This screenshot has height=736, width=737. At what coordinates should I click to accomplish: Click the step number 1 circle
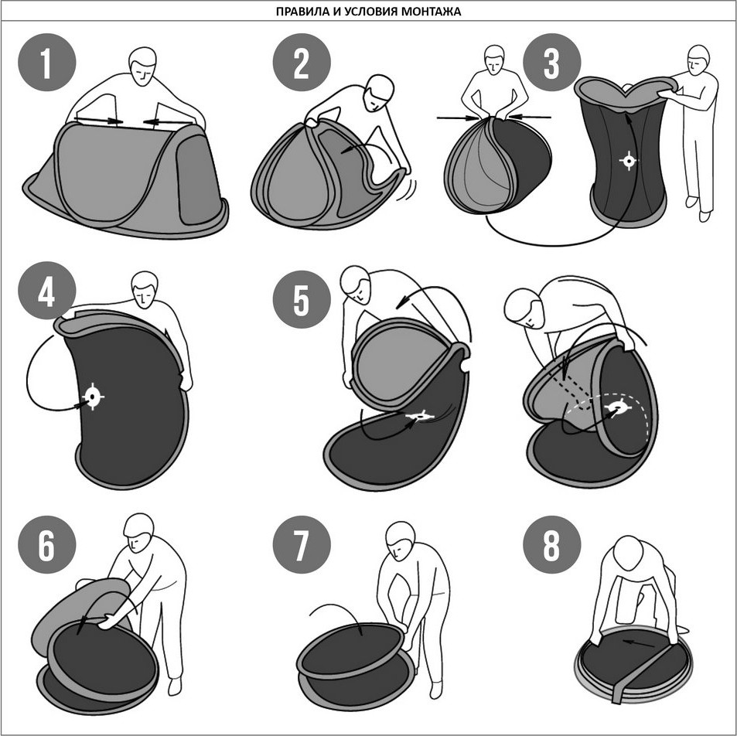tap(46, 62)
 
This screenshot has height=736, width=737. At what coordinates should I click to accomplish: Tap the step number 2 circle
tap(302, 62)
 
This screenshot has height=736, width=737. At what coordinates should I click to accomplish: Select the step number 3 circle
tap(552, 62)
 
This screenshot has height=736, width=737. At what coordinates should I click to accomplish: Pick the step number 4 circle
tap(46, 291)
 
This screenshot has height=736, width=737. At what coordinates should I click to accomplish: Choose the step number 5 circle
tap(302, 299)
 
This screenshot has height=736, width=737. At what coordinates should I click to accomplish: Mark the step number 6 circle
tap(46, 544)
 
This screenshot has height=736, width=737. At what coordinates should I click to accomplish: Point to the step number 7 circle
tap(302, 544)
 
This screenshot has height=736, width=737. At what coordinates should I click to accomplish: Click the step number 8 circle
tap(552, 544)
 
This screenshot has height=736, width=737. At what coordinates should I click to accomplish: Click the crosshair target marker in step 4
tap(93, 397)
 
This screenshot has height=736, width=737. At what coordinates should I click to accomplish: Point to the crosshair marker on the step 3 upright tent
tap(629, 161)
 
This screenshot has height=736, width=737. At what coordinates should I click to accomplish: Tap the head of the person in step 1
tap(142, 66)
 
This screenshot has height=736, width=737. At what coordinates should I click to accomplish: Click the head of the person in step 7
tap(400, 540)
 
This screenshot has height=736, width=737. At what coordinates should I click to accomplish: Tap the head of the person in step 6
tap(138, 533)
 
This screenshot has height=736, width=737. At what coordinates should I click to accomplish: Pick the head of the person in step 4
tap(145, 289)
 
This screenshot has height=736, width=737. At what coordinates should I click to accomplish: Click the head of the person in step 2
tap(379, 93)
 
